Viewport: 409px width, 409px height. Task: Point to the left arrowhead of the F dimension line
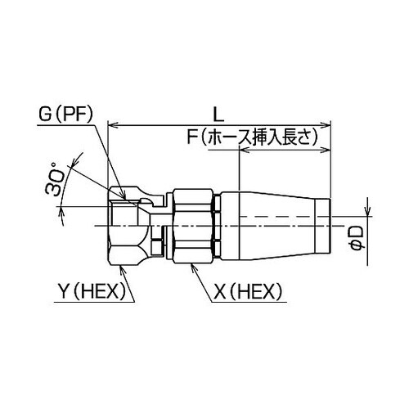click(x=243, y=152)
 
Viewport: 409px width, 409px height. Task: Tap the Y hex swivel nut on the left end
click(x=129, y=222)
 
